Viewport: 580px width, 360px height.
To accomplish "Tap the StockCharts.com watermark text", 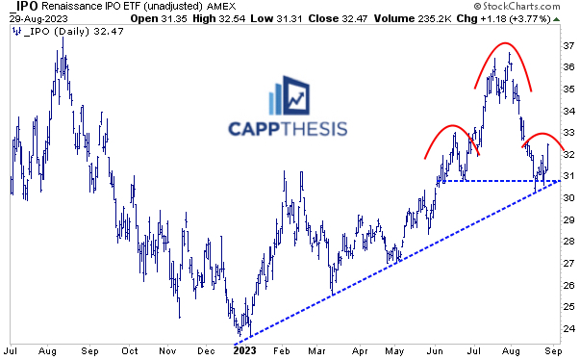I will tap(526, 8).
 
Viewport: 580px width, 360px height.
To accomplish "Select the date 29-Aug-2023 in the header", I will tap(33, 19).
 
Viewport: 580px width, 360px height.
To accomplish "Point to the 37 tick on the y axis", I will tap(568, 45).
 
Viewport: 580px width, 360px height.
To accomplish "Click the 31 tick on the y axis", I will tap(568, 176).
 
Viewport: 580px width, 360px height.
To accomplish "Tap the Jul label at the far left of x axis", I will tap(13, 351).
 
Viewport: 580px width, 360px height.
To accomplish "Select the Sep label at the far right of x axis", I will tap(549, 351).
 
